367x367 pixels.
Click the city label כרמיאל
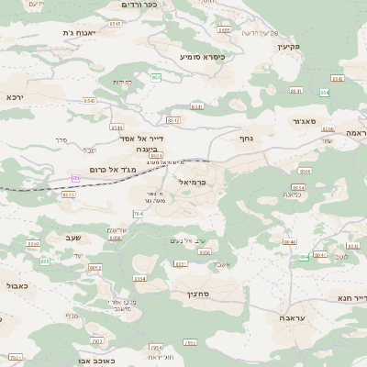pyautogui.click(x=195, y=182)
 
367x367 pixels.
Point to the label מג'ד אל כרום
pyautogui.click(x=115, y=169)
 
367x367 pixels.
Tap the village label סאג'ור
pyautogui.click(x=306, y=119)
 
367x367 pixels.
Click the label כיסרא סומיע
pyautogui.click(x=202, y=57)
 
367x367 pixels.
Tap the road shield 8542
pyautogui.click(x=174, y=120)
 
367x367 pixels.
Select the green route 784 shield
pyautogui.click(x=138, y=214)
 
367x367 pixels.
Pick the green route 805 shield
pyautogui.click(x=45, y=261)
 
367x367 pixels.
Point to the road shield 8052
pyautogui.click(x=95, y=268)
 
